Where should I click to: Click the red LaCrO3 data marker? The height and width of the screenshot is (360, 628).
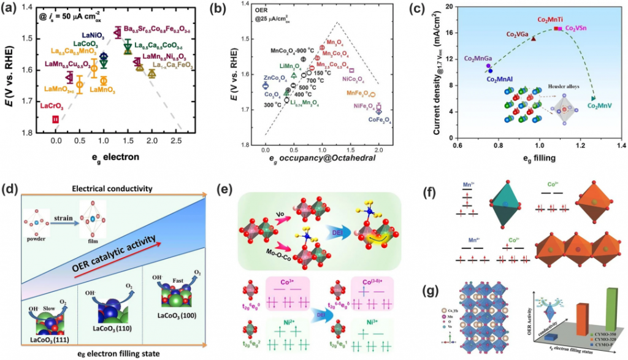point(56,119)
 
